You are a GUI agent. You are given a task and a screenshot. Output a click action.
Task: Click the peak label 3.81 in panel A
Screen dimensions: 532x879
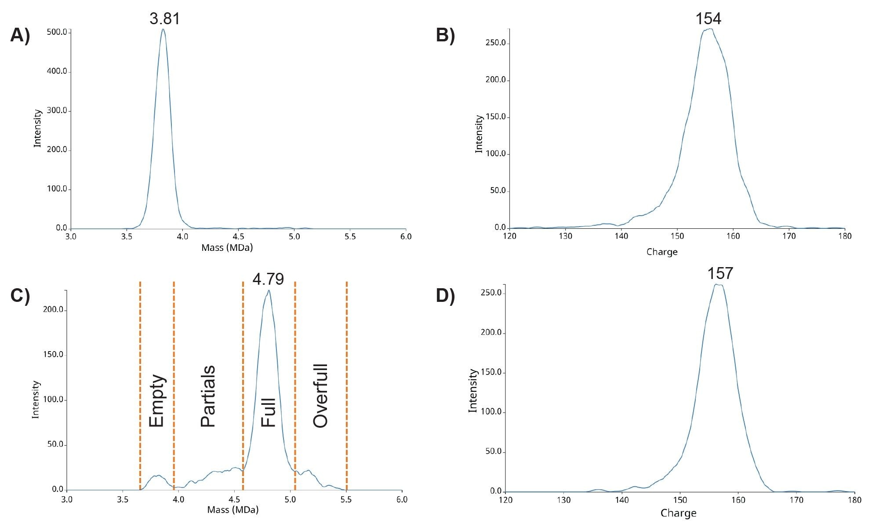click(164, 19)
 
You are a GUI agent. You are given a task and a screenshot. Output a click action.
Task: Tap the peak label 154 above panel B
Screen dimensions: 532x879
click(708, 19)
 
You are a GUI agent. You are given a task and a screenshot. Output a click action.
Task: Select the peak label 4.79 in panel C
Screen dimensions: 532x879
click(268, 279)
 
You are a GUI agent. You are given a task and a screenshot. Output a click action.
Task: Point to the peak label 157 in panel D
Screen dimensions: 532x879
click(720, 274)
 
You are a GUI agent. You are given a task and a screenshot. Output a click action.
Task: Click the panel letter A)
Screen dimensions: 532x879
click(20, 35)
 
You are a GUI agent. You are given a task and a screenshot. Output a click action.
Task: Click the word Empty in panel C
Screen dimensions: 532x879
click(156, 401)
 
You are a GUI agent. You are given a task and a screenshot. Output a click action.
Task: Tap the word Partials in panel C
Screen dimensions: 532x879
click(208, 396)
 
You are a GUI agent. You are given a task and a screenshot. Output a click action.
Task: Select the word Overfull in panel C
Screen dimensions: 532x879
click(320, 396)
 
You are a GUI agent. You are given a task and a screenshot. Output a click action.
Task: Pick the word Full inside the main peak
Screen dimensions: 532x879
click(268, 413)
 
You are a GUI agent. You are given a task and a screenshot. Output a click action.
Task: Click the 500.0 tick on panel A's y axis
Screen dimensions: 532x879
click(57, 32)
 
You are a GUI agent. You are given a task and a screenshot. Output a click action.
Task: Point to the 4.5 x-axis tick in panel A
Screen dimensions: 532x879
click(238, 237)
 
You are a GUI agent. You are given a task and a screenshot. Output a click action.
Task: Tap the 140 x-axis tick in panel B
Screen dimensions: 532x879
click(621, 236)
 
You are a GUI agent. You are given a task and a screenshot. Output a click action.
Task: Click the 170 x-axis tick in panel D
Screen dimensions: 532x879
click(796, 500)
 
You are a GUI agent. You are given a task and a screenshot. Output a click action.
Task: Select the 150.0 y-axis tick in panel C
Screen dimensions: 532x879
click(53, 355)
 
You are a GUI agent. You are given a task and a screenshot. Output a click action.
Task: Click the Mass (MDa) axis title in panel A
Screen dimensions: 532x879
click(227, 248)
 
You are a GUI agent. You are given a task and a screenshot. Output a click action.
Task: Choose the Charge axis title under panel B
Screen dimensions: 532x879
click(662, 252)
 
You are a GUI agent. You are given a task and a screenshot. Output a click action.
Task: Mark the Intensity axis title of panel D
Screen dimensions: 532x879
click(473, 390)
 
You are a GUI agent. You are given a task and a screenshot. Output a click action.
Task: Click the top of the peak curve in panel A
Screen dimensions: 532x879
click(163, 29)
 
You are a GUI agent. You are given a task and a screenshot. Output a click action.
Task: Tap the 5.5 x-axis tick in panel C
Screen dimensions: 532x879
click(346, 500)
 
